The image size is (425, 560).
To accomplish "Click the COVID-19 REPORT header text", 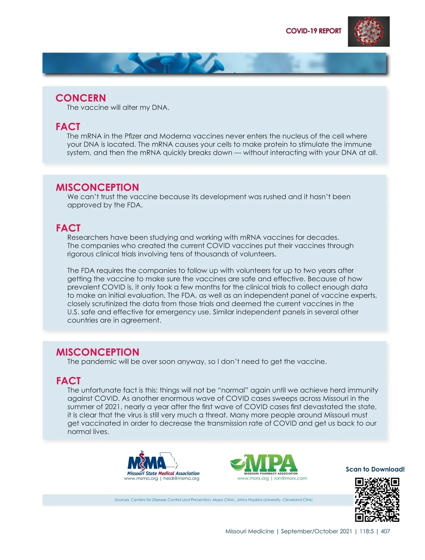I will pos(313,31).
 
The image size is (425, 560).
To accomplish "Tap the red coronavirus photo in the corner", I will pos(368,32).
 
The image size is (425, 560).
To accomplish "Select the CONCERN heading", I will pos(81,98).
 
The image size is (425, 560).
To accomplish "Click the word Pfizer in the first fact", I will pos(133,136).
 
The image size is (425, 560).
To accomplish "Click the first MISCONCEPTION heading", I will pos(97,187).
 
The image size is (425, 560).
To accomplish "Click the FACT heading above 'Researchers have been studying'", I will pos(68,228).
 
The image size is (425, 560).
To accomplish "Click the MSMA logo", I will pos(152,462).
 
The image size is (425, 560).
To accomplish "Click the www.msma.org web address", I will pos(141,479).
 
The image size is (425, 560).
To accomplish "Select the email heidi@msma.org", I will pos(181,479).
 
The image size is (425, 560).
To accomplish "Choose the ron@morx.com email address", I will pos(290,478).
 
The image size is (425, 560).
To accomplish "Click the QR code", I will pos(377,500).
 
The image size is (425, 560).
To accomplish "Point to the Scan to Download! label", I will pos(375,469).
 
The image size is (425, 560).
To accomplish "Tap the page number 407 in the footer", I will pos(385,531).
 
